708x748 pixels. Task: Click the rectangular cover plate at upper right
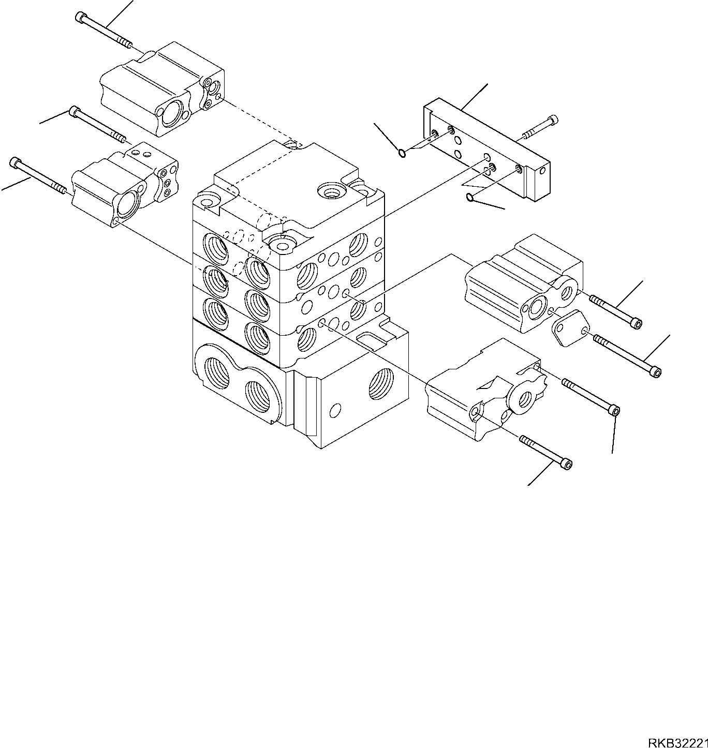tap(486, 150)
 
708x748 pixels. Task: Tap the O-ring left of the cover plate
tap(402, 153)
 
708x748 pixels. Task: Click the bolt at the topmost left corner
tap(104, 31)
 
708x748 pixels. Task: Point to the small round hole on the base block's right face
tap(335, 411)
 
